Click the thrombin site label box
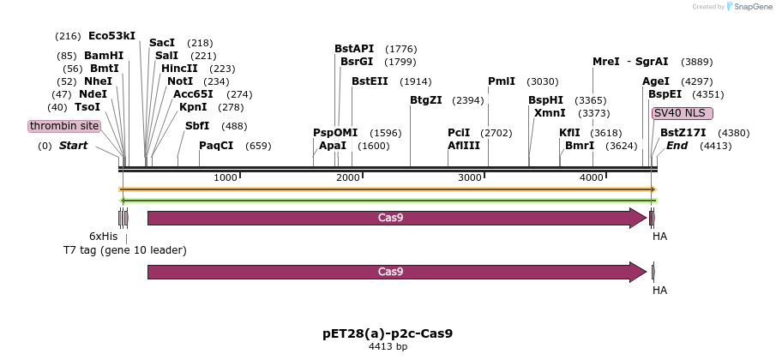tap(64, 126)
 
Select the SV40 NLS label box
tap(682, 113)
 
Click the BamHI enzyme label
tap(104, 56)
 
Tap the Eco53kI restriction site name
tap(111, 36)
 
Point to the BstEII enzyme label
tap(370, 81)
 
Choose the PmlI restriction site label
tap(502, 81)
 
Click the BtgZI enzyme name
tap(426, 100)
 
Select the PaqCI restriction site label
tap(216, 146)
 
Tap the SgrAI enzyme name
tap(652, 62)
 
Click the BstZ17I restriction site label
tap(683, 133)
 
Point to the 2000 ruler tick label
tap(348, 177)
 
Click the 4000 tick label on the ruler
tap(592, 177)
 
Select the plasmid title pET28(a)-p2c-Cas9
tap(388, 333)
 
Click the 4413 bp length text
tap(388, 347)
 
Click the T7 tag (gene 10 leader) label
tap(124, 250)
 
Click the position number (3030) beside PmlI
tap(543, 81)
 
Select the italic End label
tap(677, 146)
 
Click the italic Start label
tap(74, 146)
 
